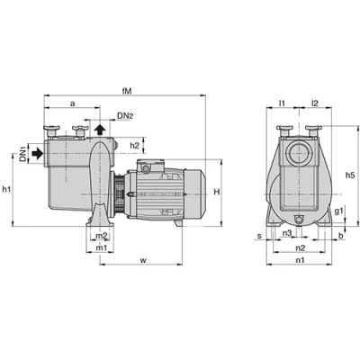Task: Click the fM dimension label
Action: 127,91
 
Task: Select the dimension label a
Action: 72,103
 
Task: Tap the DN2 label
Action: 125,116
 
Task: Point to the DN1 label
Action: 23,154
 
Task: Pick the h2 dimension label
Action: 135,145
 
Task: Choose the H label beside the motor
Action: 217,192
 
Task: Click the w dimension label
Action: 143,260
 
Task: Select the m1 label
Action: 101,247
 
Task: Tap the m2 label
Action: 102,236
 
